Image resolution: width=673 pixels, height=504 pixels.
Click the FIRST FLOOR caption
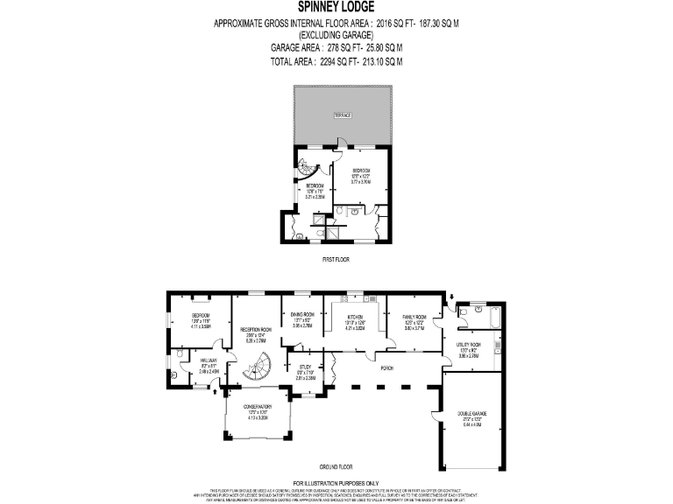pyautogui.click(x=336, y=260)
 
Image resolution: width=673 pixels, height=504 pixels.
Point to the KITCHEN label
pyautogui.click(x=355, y=317)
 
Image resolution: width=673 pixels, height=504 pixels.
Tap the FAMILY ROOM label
pyautogui.click(x=414, y=316)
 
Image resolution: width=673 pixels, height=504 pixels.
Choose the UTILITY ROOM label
pyautogui.click(x=469, y=346)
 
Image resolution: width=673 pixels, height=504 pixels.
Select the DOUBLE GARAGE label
pyautogui.click(x=472, y=413)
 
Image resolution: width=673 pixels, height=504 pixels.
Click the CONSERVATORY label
pyautogui.click(x=257, y=407)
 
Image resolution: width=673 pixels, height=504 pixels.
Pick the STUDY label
pyautogui.click(x=305, y=367)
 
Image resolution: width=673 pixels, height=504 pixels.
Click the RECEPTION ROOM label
pyautogui.click(x=257, y=330)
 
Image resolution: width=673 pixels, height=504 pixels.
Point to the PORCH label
pyautogui.click(x=386, y=368)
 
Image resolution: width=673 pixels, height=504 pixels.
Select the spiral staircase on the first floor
pyautogui.click(x=309, y=165)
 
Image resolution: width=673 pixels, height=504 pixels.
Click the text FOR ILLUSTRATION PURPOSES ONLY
pyautogui.click(x=336, y=482)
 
